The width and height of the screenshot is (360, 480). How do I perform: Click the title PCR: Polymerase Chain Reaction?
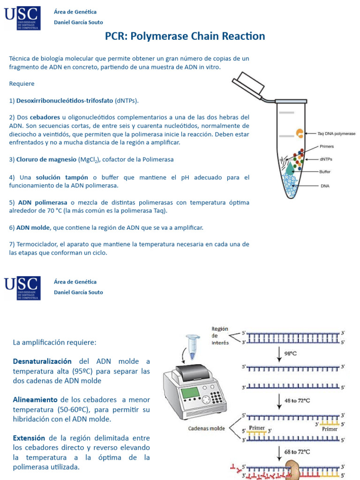pyautogui.click(x=185, y=36)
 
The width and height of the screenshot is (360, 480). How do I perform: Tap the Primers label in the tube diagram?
pyautogui.click(x=327, y=147)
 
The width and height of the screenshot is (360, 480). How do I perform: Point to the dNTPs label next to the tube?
pyautogui.click(x=326, y=159)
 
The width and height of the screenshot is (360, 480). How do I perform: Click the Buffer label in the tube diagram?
pyautogui.click(x=325, y=172)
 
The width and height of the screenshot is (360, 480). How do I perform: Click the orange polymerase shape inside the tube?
pyautogui.click(x=299, y=134)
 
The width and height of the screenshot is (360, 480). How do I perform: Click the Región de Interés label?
pyautogui.click(x=220, y=336)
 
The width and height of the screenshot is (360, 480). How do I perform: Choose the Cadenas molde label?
pyautogui.click(x=206, y=428)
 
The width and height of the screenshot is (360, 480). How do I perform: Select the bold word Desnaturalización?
pyautogui.click(x=42, y=361)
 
